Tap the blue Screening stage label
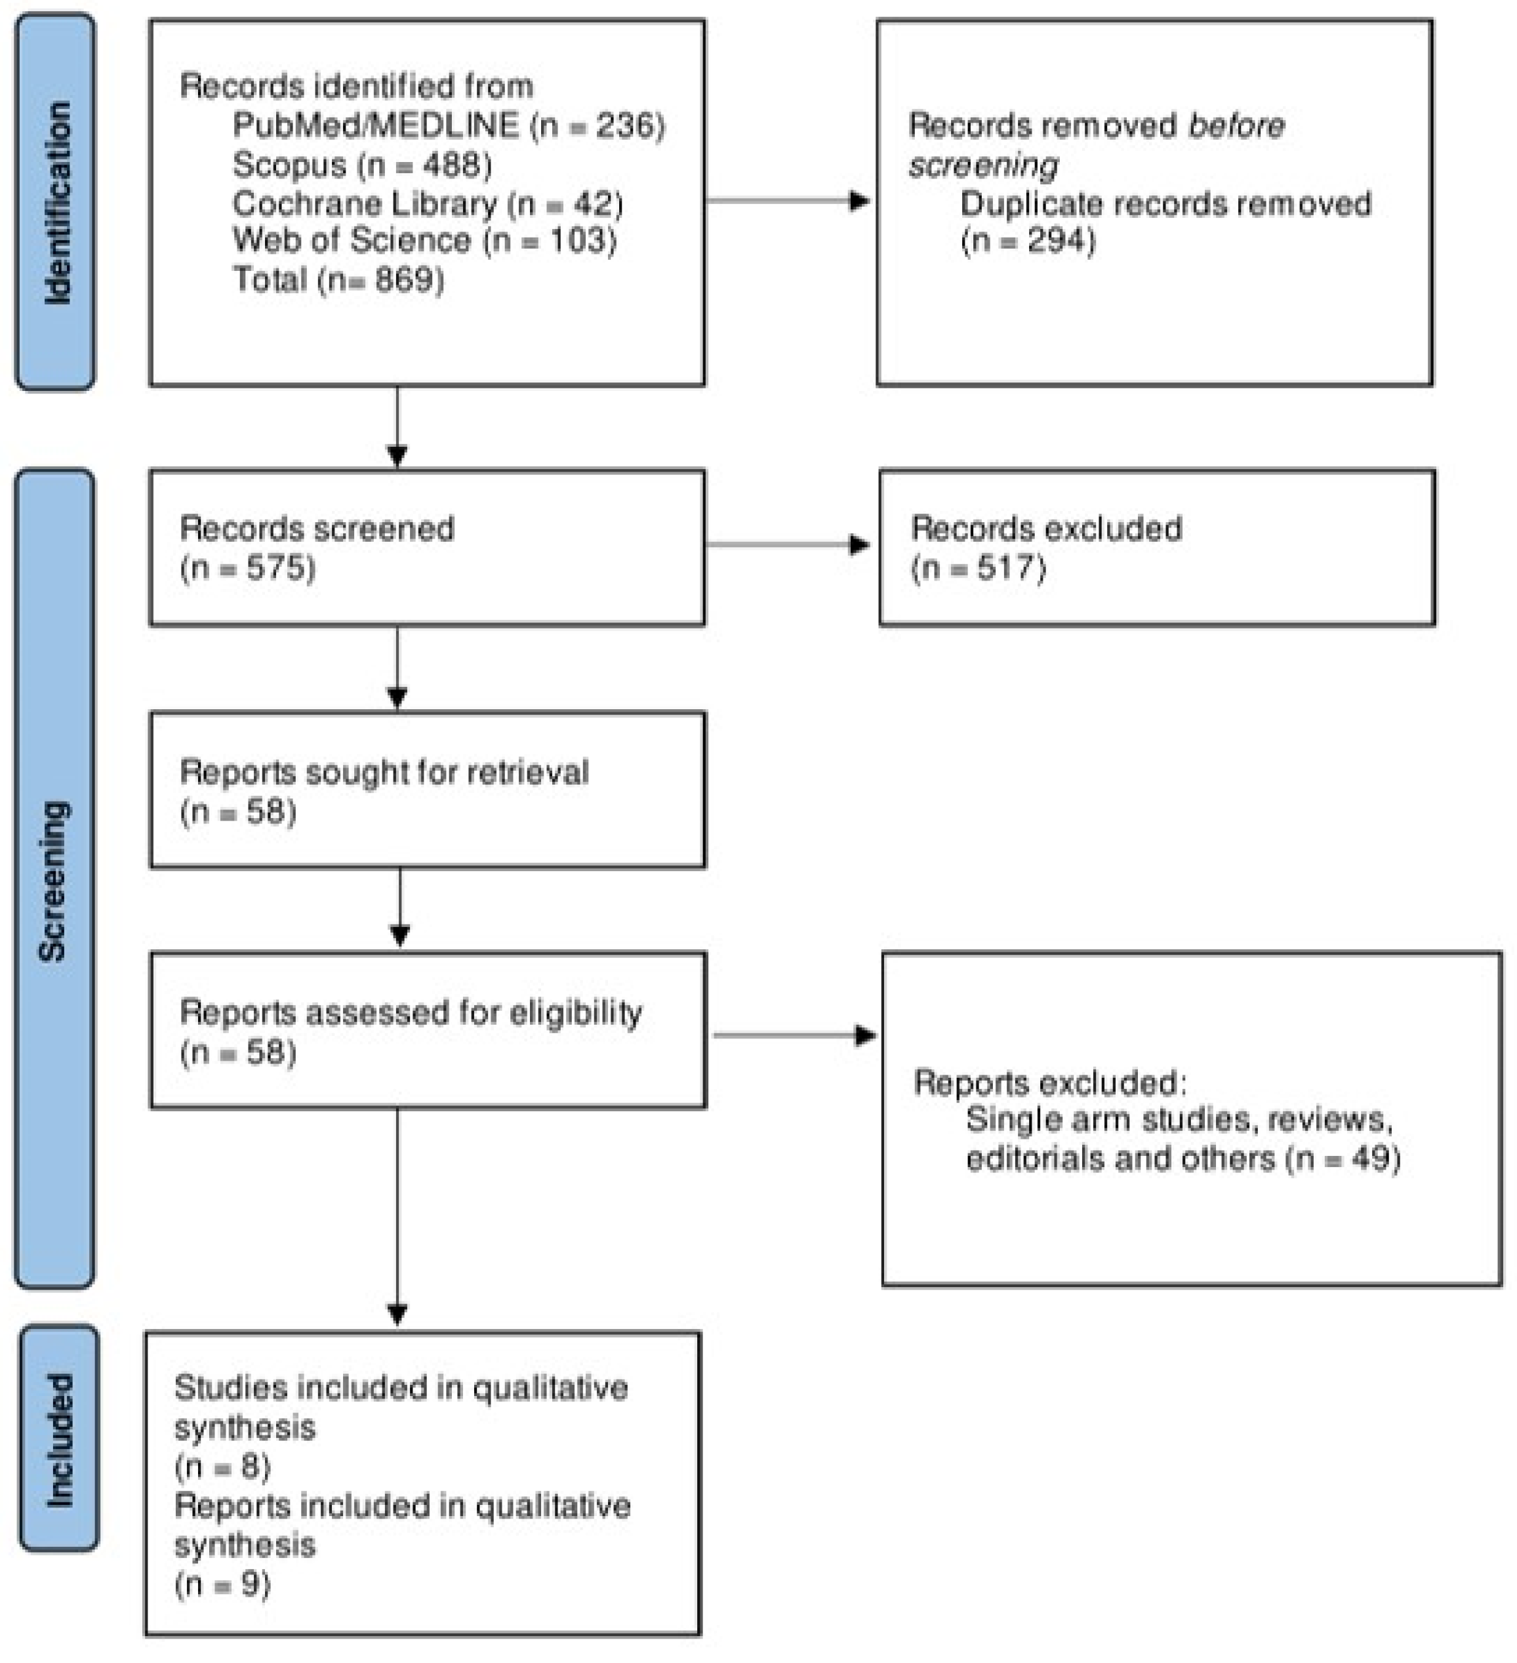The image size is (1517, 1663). point(54,879)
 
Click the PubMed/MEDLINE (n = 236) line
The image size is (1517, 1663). point(448,125)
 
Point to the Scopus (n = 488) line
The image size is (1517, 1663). point(362,165)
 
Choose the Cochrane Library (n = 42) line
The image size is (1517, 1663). point(428,203)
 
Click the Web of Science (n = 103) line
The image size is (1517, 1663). point(424,241)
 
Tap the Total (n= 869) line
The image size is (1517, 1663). point(338,279)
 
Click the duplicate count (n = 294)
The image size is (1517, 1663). point(1028,241)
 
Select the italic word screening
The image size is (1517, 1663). point(982,165)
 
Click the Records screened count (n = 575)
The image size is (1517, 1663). point(247,568)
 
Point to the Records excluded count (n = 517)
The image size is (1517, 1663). point(979,568)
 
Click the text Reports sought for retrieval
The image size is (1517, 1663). point(384,773)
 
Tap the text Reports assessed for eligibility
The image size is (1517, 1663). point(410,1013)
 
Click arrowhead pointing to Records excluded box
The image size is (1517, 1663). point(860,545)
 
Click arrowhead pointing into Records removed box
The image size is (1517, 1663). point(860,201)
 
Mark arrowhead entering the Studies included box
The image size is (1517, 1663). point(397,1315)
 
